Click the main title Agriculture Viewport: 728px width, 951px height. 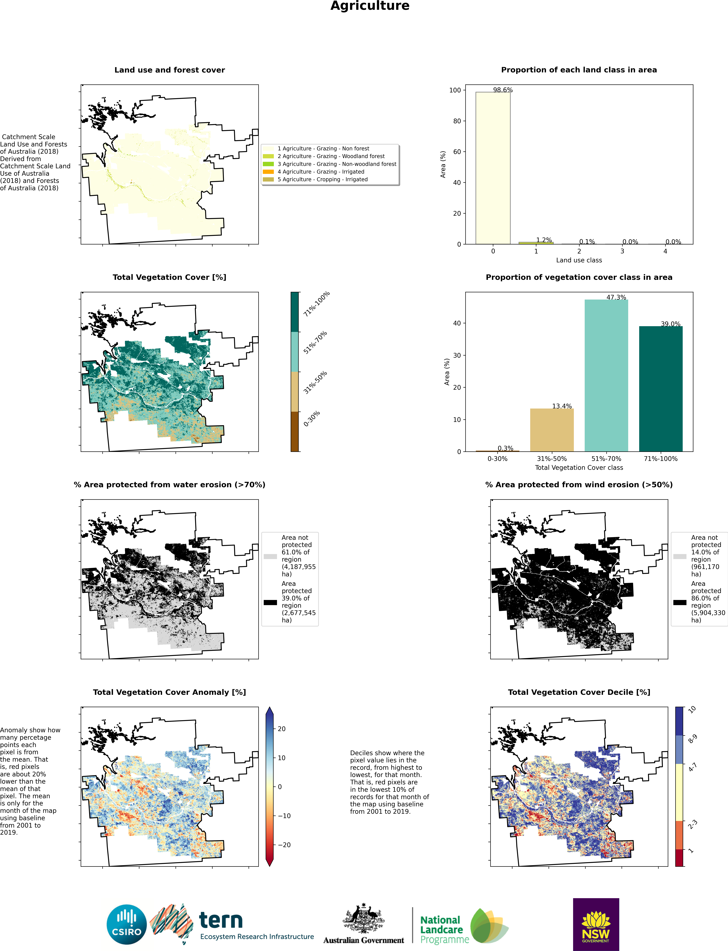(370, 6)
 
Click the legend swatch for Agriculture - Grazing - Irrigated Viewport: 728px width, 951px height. (268, 172)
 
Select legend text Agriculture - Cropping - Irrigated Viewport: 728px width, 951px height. (322, 179)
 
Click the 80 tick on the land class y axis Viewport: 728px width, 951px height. (457, 121)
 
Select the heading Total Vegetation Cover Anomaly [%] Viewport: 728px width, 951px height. (170, 692)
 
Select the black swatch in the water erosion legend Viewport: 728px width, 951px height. (270, 602)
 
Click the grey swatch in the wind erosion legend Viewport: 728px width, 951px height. (680, 556)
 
